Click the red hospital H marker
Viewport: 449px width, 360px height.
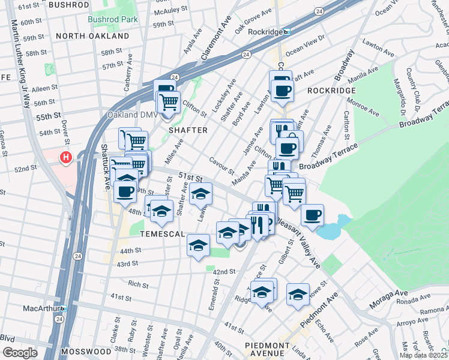(x=65, y=158)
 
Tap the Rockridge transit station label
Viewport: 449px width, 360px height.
(x=261, y=32)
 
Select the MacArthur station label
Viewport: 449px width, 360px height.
(x=44, y=308)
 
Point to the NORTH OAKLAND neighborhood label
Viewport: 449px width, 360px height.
(x=92, y=36)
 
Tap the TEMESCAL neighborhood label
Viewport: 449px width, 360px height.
(x=162, y=233)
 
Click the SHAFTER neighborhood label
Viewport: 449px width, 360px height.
(x=187, y=130)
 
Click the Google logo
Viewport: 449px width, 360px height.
(x=20, y=353)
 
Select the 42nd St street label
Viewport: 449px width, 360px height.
(x=224, y=272)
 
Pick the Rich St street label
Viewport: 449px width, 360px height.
(x=137, y=284)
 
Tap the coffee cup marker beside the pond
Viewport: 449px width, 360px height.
(x=312, y=215)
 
